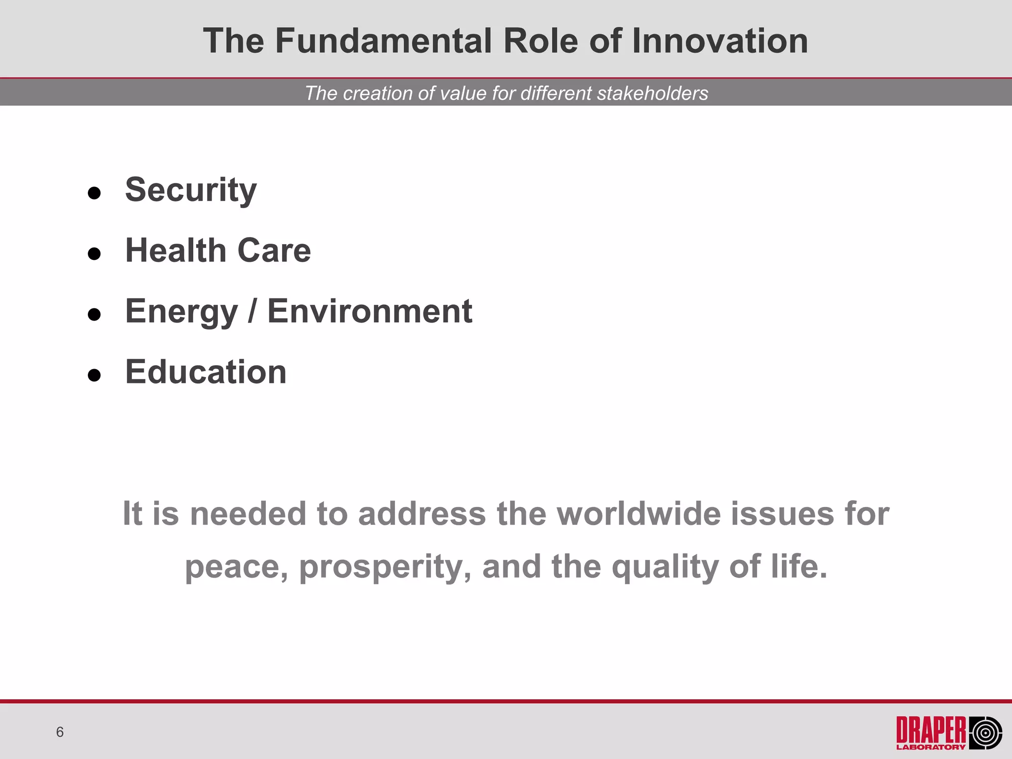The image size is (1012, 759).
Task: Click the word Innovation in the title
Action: pos(720,41)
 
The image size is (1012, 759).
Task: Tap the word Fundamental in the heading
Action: pos(383,41)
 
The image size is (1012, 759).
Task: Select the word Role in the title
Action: pos(540,41)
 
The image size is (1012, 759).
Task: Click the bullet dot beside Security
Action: pos(94,193)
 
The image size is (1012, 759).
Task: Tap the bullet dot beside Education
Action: pos(94,375)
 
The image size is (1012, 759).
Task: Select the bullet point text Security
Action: pos(191,190)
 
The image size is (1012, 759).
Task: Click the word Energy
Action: pos(181,312)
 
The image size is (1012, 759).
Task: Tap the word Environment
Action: pos(370,311)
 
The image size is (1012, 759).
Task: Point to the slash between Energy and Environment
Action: pos(253,311)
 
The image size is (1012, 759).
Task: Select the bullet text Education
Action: pos(206,372)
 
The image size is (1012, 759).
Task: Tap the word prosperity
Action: pos(385,567)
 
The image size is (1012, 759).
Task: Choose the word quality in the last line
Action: pos(665,567)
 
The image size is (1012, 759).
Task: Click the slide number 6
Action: pos(60,732)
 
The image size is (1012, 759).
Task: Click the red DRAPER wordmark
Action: pos(931,730)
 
